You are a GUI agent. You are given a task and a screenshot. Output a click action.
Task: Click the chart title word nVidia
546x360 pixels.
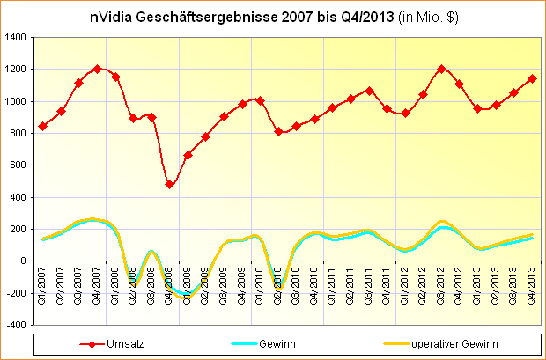(113, 17)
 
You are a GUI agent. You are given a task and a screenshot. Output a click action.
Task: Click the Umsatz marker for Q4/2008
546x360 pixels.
(170, 184)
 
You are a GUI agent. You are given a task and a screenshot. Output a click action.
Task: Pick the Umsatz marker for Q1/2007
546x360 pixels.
(43, 126)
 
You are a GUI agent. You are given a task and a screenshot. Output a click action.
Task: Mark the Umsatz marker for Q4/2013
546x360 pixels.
(532, 78)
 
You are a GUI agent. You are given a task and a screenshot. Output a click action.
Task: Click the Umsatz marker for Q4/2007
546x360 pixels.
(97, 69)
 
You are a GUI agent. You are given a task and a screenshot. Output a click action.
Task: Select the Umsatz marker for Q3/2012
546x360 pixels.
(441, 69)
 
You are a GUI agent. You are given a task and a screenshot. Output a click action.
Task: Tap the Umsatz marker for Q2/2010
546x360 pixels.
(278, 132)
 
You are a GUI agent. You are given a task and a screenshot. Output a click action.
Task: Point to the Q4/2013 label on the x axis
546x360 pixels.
(532, 286)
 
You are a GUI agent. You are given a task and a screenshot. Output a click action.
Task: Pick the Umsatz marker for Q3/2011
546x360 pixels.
(369, 91)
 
